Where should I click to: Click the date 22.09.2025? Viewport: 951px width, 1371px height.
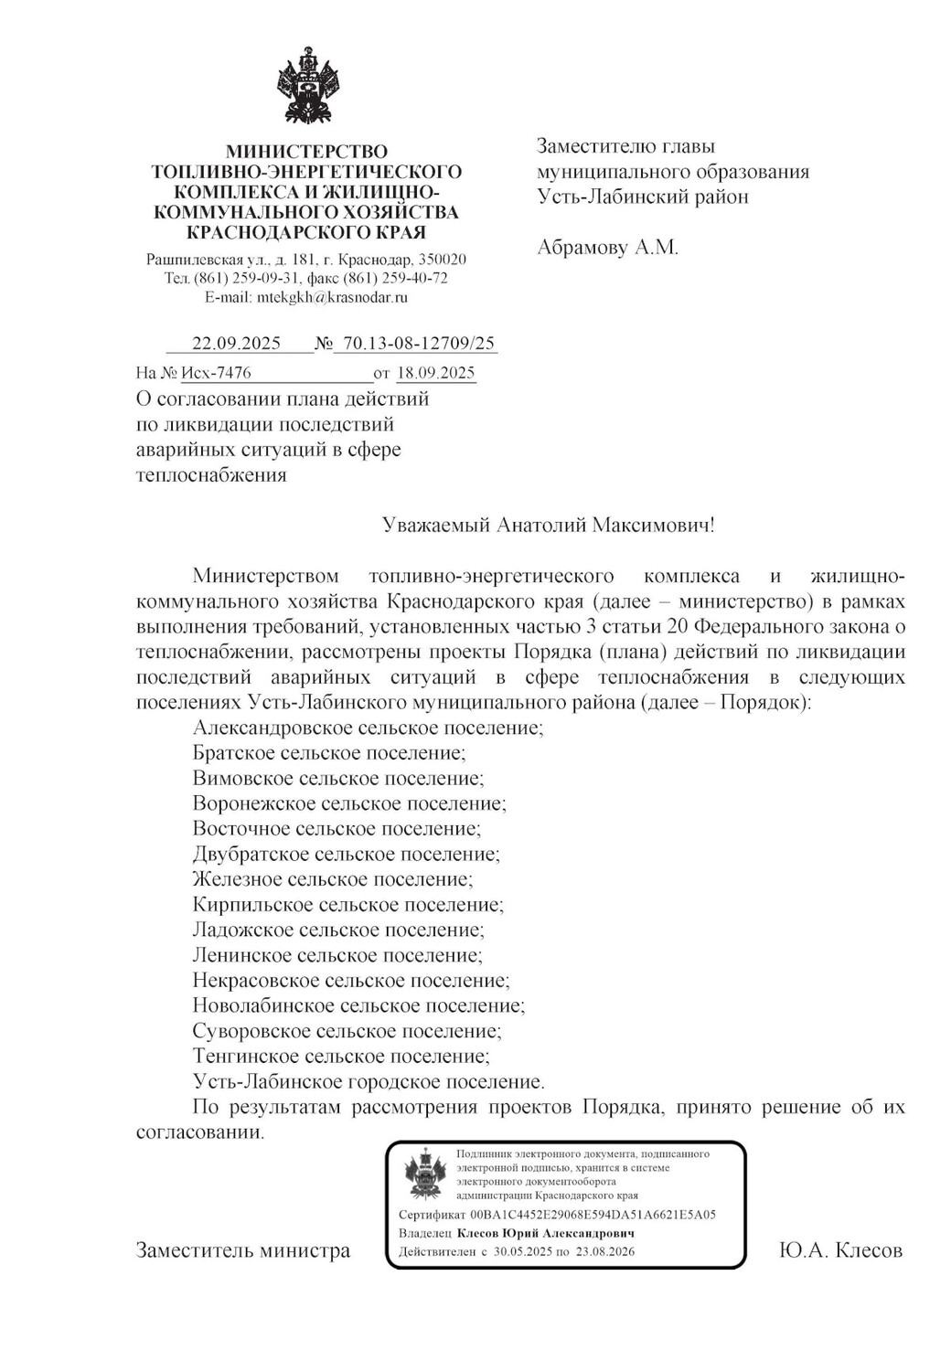pos(236,344)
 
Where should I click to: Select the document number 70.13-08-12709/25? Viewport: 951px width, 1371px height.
pos(416,344)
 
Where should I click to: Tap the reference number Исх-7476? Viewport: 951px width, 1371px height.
pos(216,372)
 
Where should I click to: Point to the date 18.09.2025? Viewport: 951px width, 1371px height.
pos(435,372)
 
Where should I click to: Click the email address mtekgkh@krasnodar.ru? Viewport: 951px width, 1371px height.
pos(332,297)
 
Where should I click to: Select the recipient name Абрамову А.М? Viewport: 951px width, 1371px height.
pos(607,247)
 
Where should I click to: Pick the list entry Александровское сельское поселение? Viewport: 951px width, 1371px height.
pos(369,728)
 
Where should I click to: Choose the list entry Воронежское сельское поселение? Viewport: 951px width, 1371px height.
pos(349,803)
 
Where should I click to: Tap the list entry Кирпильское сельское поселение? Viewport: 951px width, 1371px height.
pos(347,905)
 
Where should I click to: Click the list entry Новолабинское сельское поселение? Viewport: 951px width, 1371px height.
pos(358,1006)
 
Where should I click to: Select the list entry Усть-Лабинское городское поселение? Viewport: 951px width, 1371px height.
pos(369,1082)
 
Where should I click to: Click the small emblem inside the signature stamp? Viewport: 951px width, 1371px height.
pos(422,1174)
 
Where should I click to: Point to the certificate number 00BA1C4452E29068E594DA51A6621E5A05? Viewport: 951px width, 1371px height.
pos(593,1215)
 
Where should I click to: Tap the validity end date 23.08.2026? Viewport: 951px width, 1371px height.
pos(604,1251)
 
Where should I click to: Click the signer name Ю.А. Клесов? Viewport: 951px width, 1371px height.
pos(840,1250)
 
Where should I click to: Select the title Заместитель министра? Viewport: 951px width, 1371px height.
pos(243,1250)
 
